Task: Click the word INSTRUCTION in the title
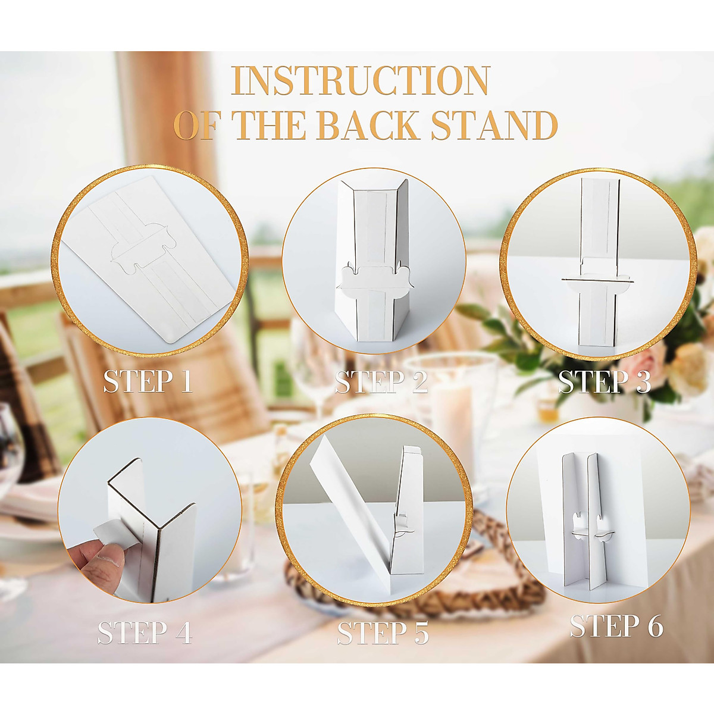(361, 81)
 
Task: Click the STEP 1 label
(148, 381)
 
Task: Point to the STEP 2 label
(381, 381)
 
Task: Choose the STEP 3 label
(605, 381)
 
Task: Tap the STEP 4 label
(145, 632)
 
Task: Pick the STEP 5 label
(383, 632)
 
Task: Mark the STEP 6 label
(616, 626)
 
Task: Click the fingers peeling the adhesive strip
(98, 562)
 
